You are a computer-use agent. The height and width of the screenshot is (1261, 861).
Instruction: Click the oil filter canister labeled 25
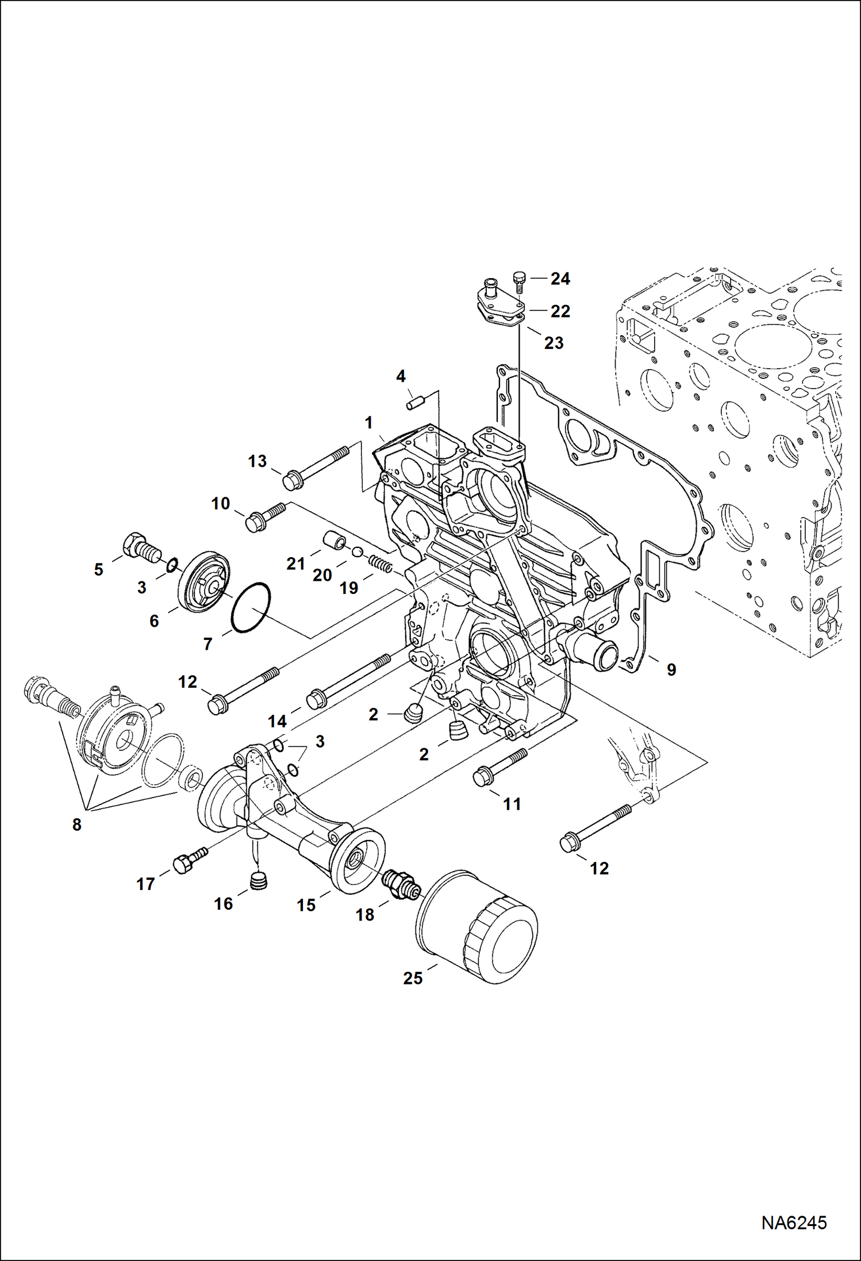(x=476, y=927)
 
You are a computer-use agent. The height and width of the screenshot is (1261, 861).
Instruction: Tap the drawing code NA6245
(x=794, y=1222)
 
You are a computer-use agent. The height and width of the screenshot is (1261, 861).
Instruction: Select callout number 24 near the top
(x=560, y=279)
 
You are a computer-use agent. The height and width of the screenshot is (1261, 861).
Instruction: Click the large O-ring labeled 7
(x=251, y=608)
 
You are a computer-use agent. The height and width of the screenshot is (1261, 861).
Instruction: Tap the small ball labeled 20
(x=357, y=552)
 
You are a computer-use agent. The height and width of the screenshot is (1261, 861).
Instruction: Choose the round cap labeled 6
(x=205, y=582)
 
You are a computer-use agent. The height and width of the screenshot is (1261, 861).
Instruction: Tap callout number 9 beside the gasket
(x=671, y=669)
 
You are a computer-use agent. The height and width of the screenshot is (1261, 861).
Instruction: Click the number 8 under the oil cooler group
(x=76, y=825)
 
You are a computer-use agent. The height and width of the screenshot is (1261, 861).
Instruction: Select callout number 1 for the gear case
(x=368, y=423)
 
